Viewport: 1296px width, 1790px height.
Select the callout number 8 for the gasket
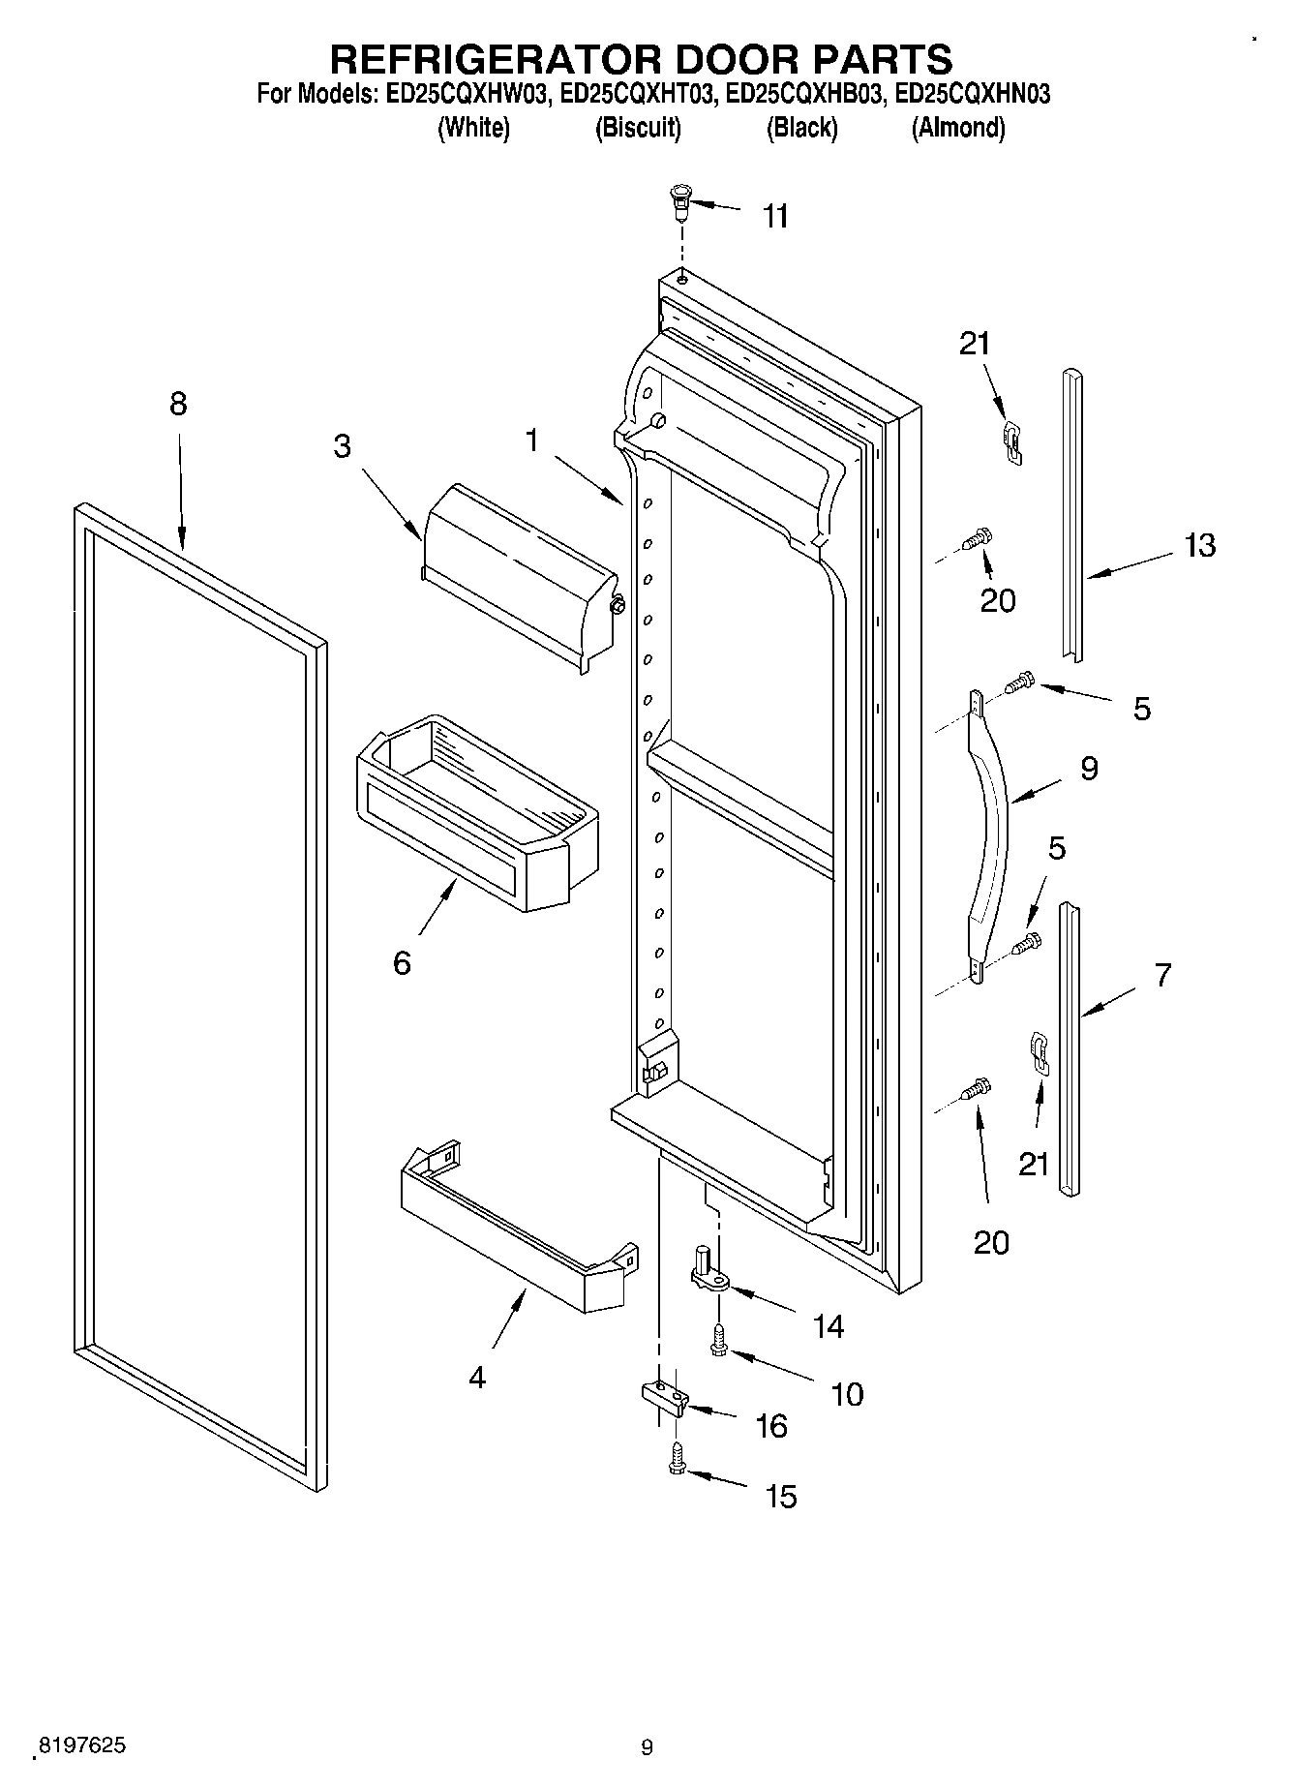(x=178, y=404)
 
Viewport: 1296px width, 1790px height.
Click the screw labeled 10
(x=717, y=1341)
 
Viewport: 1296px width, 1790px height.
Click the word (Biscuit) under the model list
(x=638, y=127)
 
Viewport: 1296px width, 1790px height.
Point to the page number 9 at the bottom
(x=647, y=1747)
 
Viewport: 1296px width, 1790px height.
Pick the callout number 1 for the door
(x=531, y=440)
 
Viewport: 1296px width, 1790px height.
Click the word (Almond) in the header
(x=957, y=127)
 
